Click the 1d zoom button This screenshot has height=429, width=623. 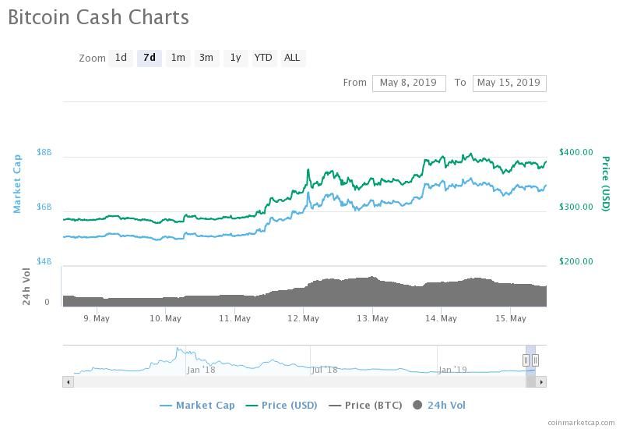point(121,58)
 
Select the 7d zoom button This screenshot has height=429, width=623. point(150,58)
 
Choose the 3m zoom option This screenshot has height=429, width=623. point(206,58)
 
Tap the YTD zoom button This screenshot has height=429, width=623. point(263,58)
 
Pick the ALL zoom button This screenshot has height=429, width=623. point(292,58)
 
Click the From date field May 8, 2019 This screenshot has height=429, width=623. point(409,83)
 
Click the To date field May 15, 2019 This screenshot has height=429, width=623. point(509,83)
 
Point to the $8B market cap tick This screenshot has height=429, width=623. point(44,152)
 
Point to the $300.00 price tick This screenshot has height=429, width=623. point(575,207)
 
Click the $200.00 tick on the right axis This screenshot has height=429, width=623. point(575,261)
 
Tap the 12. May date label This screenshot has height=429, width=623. point(304,319)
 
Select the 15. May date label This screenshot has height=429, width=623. point(511,319)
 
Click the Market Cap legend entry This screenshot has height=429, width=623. point(197,406)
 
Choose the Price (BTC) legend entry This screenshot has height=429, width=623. point(365,406)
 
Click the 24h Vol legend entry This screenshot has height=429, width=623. point(439,406)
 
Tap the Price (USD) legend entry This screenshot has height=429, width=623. point(281,406)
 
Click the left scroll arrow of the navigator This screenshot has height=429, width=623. point(69,382)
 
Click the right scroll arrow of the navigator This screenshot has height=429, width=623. point(541,382)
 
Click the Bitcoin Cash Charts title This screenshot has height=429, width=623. point(99,17)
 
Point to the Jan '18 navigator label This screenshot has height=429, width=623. point(201,370)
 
